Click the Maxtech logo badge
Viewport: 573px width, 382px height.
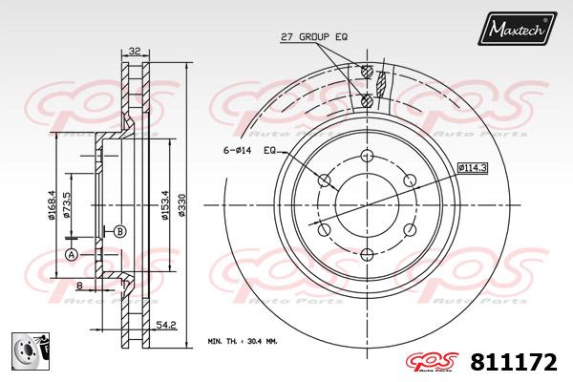[517, 28]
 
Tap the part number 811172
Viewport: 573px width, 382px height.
[514, 363]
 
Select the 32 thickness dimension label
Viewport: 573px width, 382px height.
[135, 52]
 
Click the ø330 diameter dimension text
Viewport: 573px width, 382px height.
[181, 205]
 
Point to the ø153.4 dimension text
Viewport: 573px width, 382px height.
[165, 205]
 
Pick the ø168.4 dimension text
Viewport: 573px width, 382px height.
[52, 205]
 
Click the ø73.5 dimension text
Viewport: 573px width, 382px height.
[67, 205]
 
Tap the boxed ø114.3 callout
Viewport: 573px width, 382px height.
[473, 168]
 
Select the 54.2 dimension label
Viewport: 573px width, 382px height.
[166, 325]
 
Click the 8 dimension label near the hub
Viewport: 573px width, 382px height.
[79, 286]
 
